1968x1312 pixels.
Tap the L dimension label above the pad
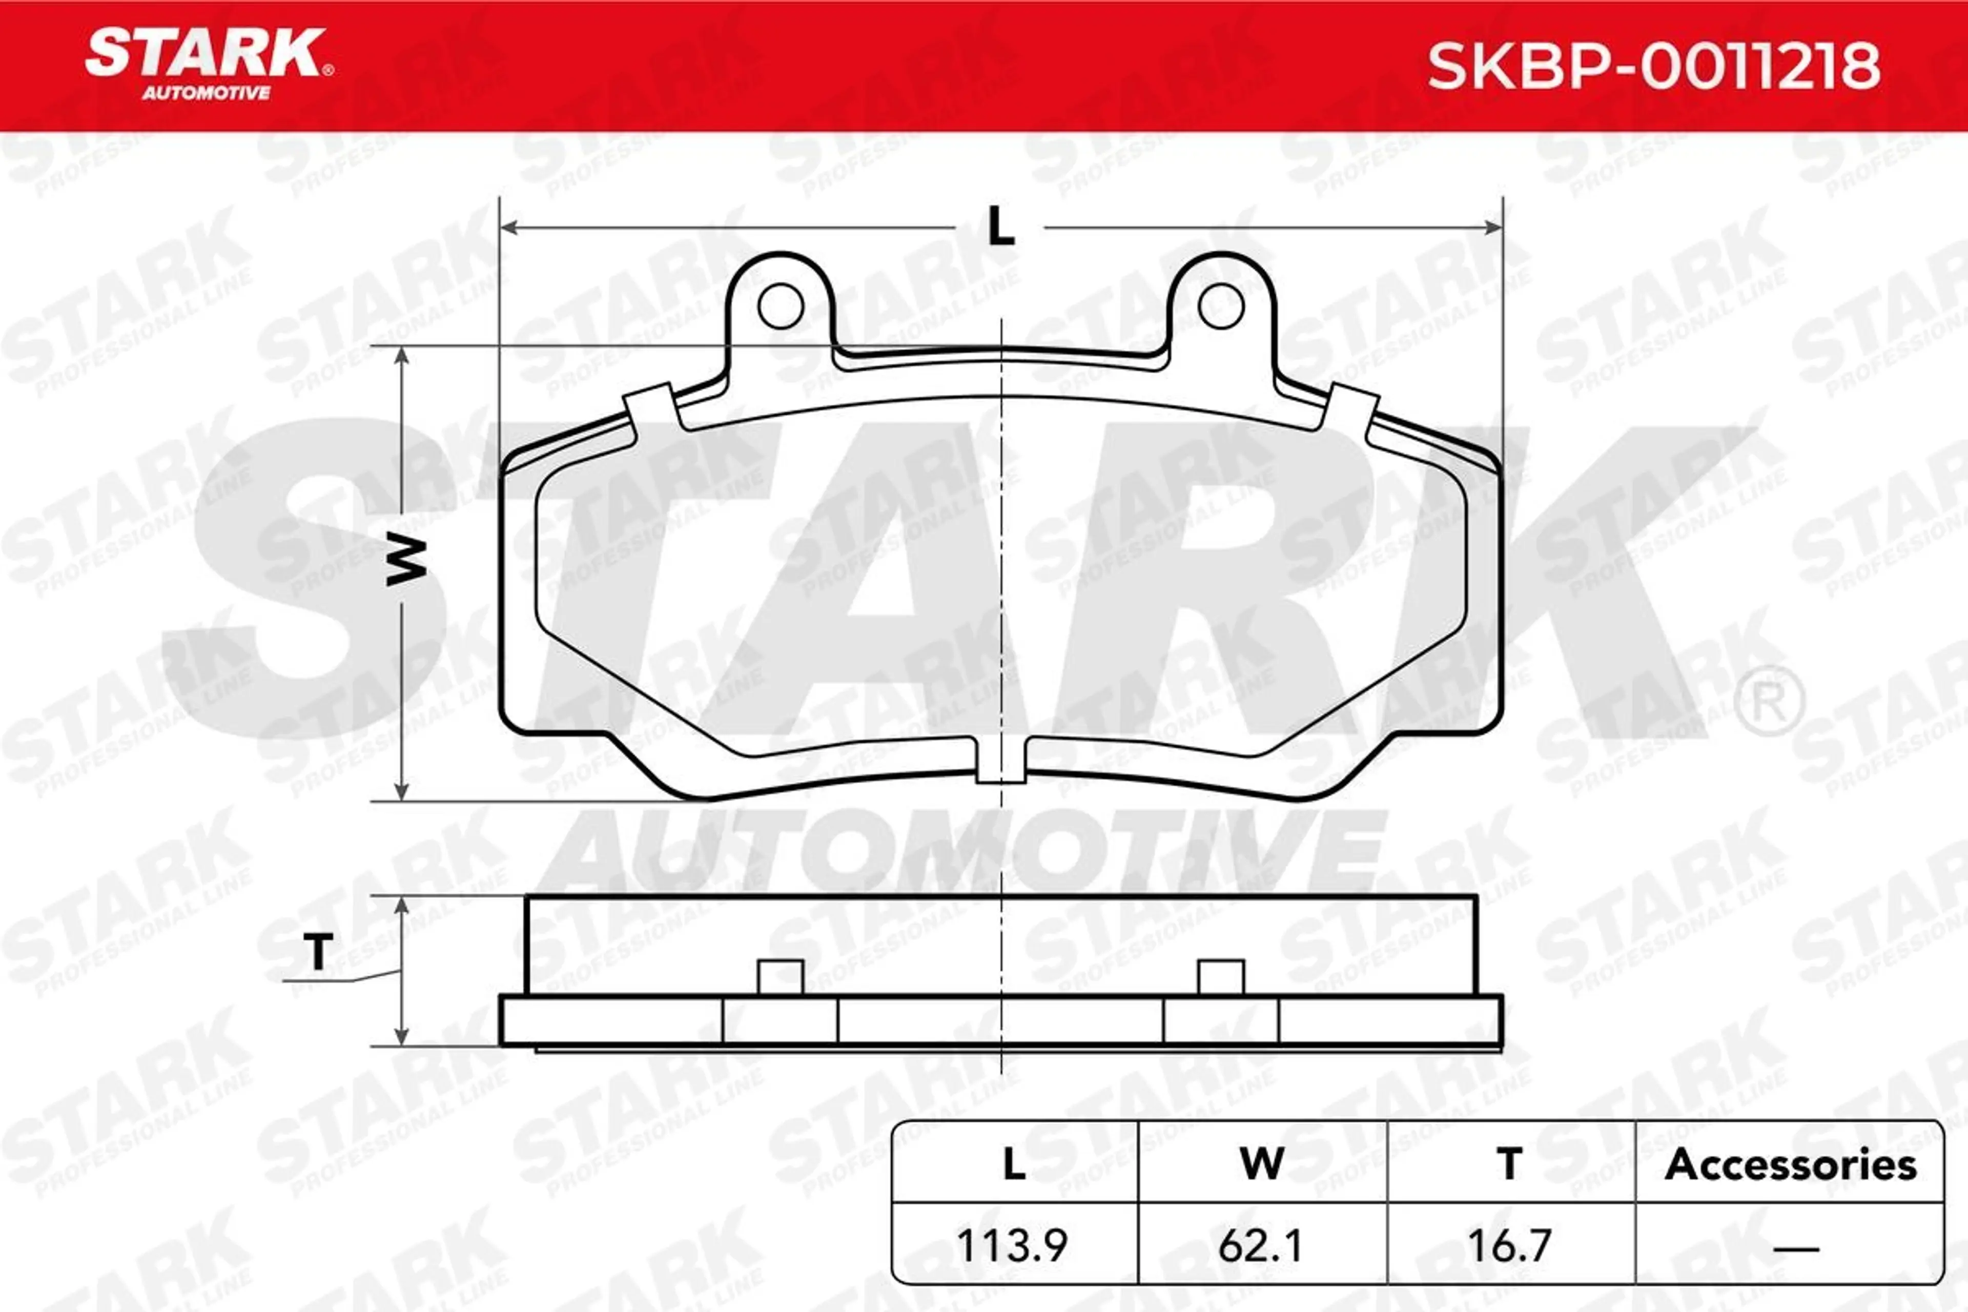tap(1001, 226)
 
